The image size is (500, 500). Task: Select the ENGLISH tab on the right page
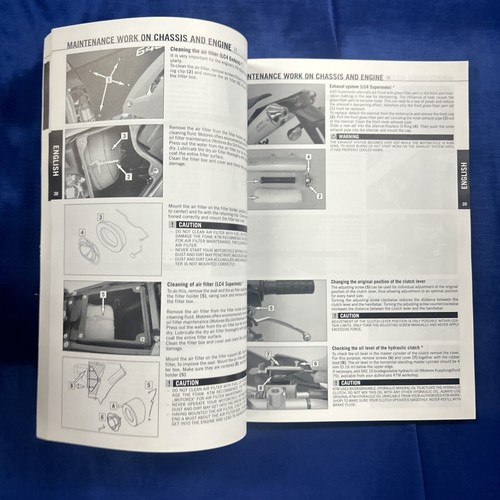[x=462, y=176]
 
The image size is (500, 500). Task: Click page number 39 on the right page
[x=464, y=204]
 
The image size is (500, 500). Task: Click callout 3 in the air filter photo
[x=123, y=134]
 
